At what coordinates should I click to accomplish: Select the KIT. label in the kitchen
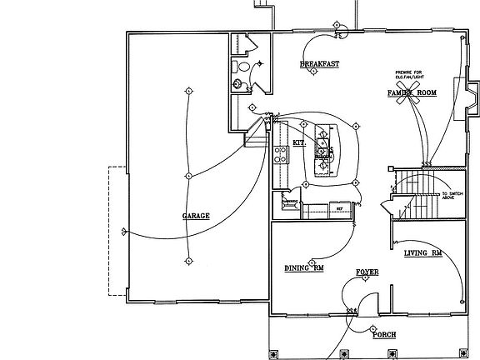(300, 143)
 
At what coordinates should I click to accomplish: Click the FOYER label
(367, 272)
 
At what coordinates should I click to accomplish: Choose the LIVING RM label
(422, 252)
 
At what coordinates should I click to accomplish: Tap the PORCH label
(384, 334)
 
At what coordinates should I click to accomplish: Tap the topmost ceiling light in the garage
(189, 90)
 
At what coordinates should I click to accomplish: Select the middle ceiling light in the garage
(189, 176)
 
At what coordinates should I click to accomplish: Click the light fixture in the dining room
(312, 257)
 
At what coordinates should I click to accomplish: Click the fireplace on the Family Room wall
(470, 98)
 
